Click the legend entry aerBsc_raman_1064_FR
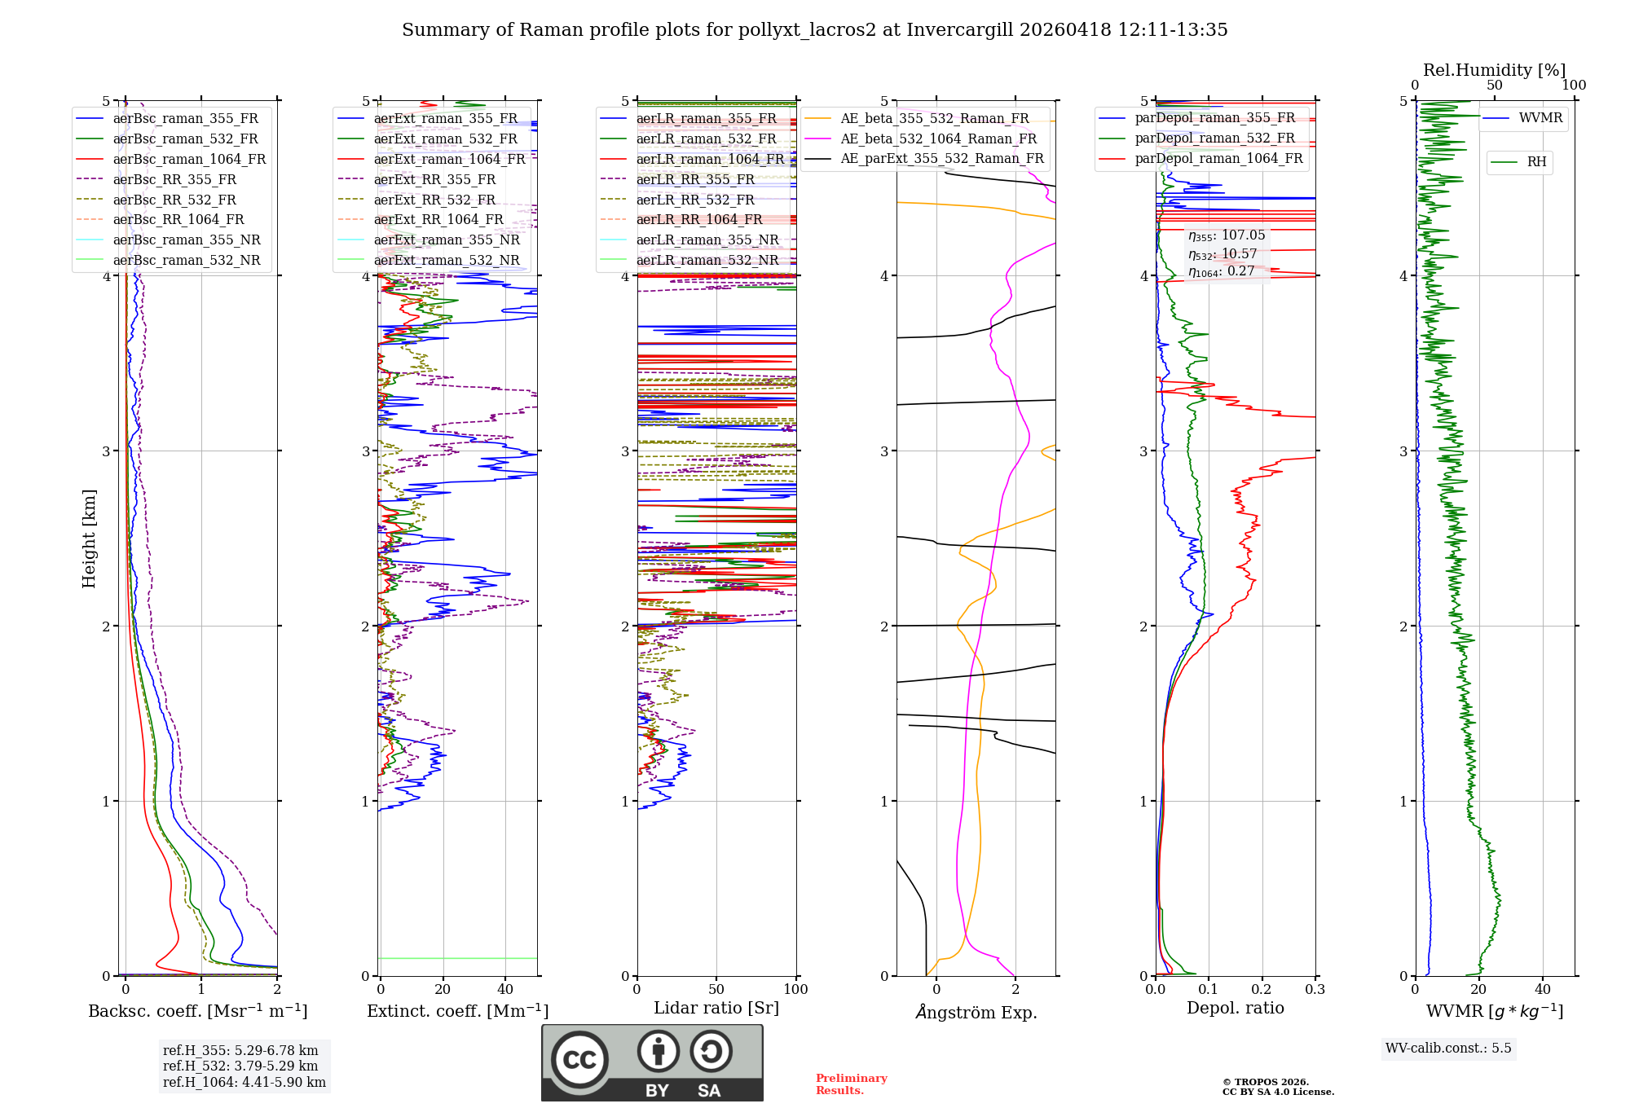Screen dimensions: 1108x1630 click(189, 160)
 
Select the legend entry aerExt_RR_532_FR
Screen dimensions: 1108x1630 click(434, 200)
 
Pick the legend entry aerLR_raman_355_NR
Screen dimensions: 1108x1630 click(707, 240)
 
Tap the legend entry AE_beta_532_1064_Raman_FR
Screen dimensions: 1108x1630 click(938, 139)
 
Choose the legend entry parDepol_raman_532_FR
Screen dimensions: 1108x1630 click(1214, 138)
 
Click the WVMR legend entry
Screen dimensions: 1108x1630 click(1540, 118)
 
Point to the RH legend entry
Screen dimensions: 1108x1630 click(1536, 162)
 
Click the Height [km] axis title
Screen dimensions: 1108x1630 click(89, 539)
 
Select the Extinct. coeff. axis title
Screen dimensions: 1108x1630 click(457, 1011)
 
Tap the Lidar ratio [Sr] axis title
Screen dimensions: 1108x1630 click(716, 1008)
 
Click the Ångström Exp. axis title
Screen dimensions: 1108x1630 click(976, 1012)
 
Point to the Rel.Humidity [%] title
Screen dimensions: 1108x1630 click(1494, 70)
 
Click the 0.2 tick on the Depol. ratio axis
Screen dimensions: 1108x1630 click(1262, 989)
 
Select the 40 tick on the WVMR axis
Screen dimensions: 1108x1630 click(1542, 989)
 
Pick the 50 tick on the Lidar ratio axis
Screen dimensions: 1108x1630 click(716, 989)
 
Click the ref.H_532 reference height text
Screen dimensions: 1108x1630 click(240, 1066)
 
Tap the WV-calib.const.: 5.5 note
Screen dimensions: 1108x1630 click(1447, 1048)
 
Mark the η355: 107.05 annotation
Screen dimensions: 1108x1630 click(1226, 235)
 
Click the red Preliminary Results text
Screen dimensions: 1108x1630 click(851, 1084)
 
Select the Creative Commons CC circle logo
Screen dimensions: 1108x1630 click(579, 1059)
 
